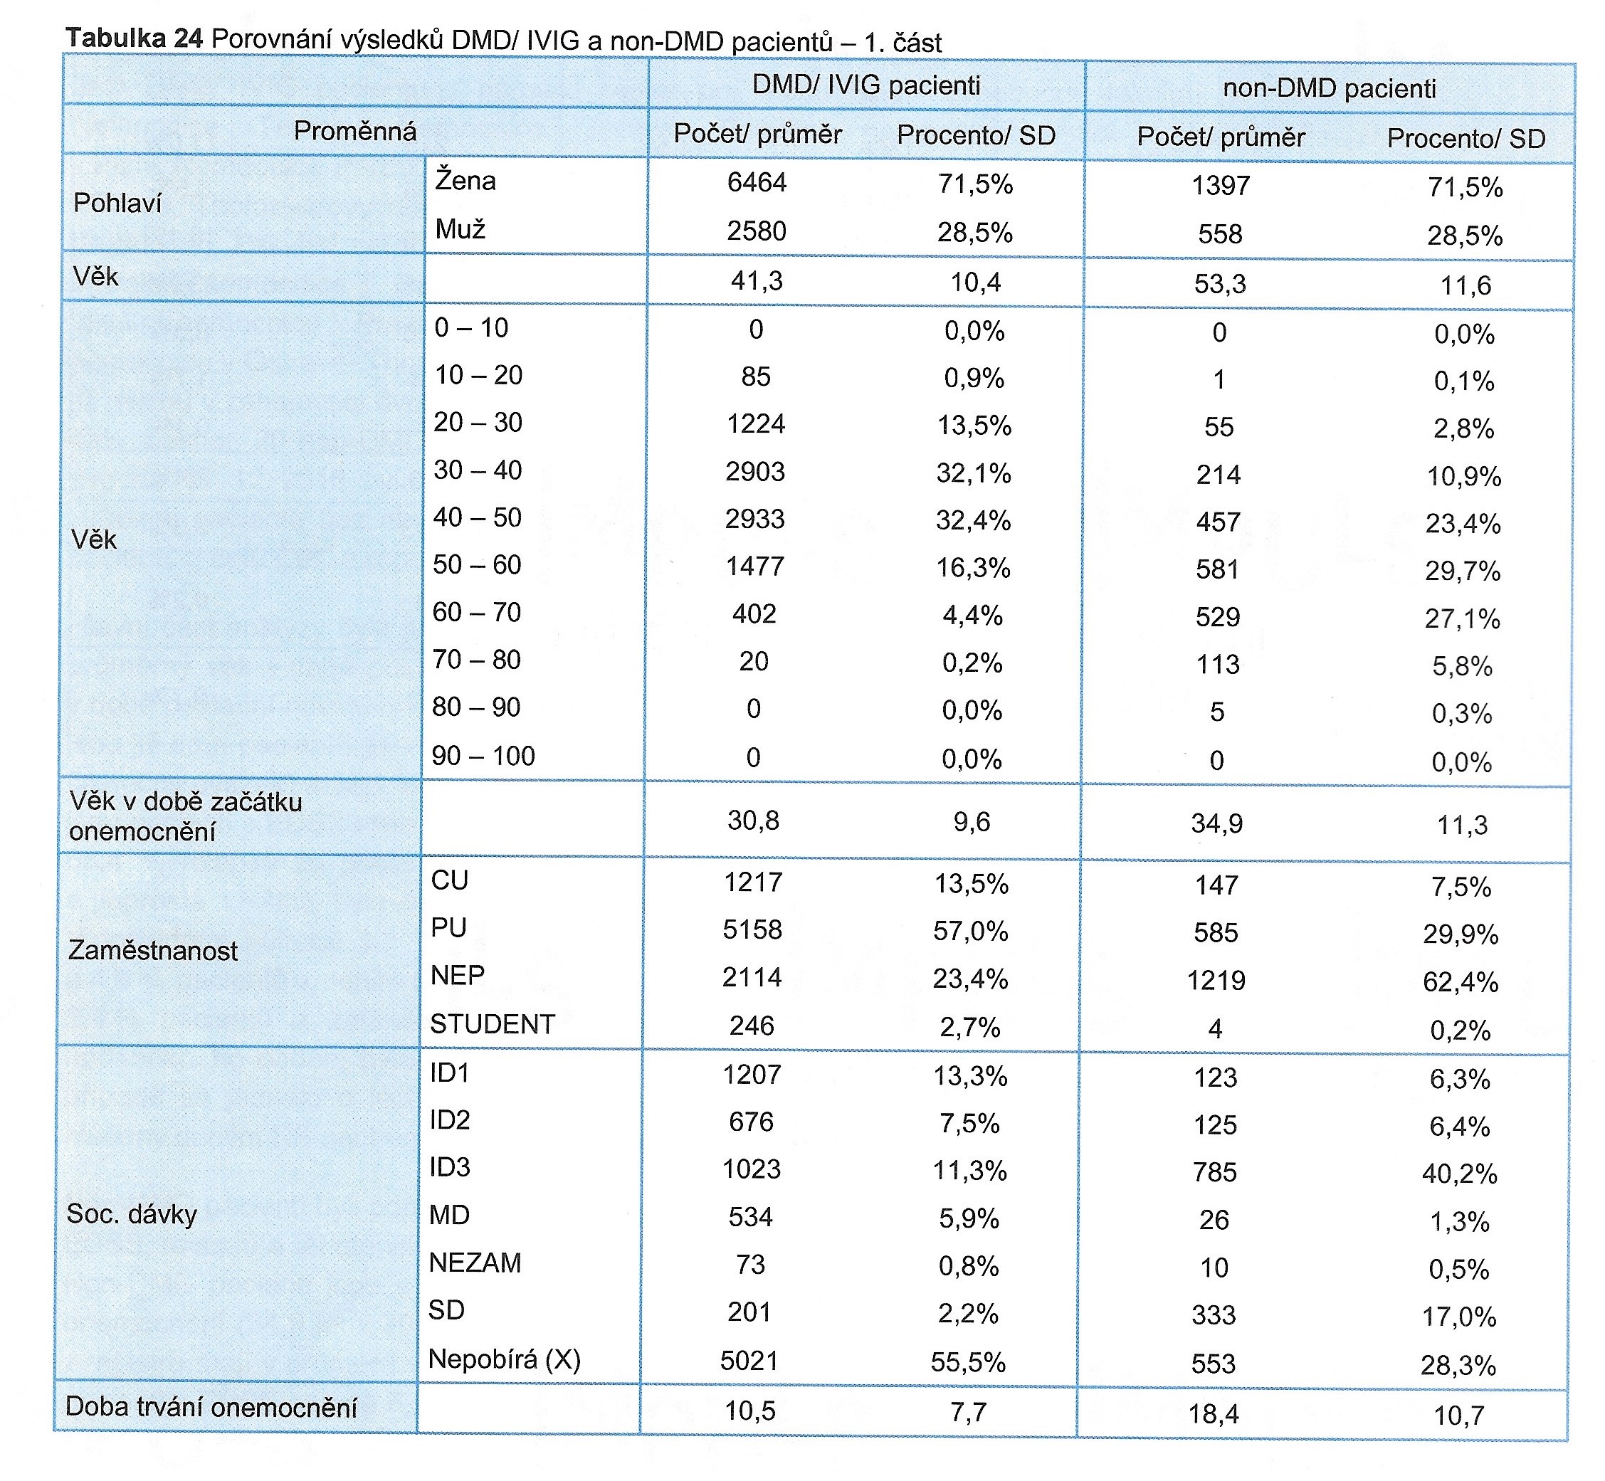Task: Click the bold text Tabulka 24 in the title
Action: pos(135,38)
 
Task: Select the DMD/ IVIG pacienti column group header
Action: pos(866,85)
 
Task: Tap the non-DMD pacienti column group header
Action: pos(1330,88)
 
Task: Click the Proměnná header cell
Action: pos(355,131)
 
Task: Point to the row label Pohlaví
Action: pos(117,204)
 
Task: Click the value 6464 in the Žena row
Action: pos(757,183)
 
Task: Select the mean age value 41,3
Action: pos(757,281)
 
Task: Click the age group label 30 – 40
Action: pos(478,470)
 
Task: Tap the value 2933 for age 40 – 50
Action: pos(755,520)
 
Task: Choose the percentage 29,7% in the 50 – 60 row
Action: pos(1463,571)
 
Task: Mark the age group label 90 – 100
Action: pos(483,756)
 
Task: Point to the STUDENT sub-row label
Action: pos(492,1024)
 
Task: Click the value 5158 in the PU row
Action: pos(752,929)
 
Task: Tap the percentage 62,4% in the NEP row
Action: pos(1460,981)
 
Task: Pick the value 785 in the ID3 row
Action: pos(1215,1172)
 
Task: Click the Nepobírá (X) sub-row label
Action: pos(504,1359)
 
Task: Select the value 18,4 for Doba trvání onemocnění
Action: pos(1213,1413)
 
